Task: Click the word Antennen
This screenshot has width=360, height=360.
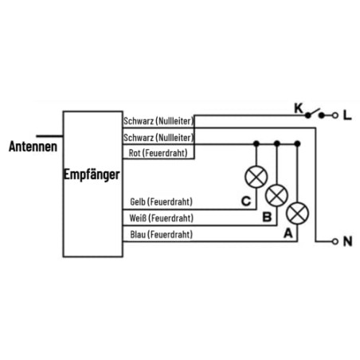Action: coord(33,147)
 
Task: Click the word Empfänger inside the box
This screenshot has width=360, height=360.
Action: coord(92,174)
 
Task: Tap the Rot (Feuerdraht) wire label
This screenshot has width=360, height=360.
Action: coord(158,153)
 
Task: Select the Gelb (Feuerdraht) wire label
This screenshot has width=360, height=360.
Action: coord(161,202)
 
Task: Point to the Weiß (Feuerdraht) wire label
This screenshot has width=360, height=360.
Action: coord(162,218)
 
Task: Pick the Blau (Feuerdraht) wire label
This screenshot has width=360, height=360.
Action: coord(162,234)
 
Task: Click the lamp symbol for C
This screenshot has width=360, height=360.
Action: coord(256,177)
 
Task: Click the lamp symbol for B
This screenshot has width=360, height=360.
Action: coord(276,196)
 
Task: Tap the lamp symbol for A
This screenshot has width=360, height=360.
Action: coord(297,213)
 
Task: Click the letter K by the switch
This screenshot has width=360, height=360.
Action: coord(299,108)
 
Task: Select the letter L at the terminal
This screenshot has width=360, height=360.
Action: coord(347,115)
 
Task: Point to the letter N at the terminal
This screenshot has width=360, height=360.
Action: coord(347,241)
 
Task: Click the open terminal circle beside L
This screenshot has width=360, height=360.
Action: coord(335,115)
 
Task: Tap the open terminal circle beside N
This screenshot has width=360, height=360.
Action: coord(335,241)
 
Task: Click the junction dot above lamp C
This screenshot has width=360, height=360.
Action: coord(256,144)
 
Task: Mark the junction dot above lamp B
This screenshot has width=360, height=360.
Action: coord(277,144)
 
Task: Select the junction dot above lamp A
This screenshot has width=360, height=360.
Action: coord(297,144)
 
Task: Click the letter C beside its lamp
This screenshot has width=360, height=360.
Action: coord(246,202)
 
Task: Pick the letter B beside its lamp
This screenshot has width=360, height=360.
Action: coord(267,217)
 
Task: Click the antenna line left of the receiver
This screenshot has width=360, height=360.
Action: coord(49,136)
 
